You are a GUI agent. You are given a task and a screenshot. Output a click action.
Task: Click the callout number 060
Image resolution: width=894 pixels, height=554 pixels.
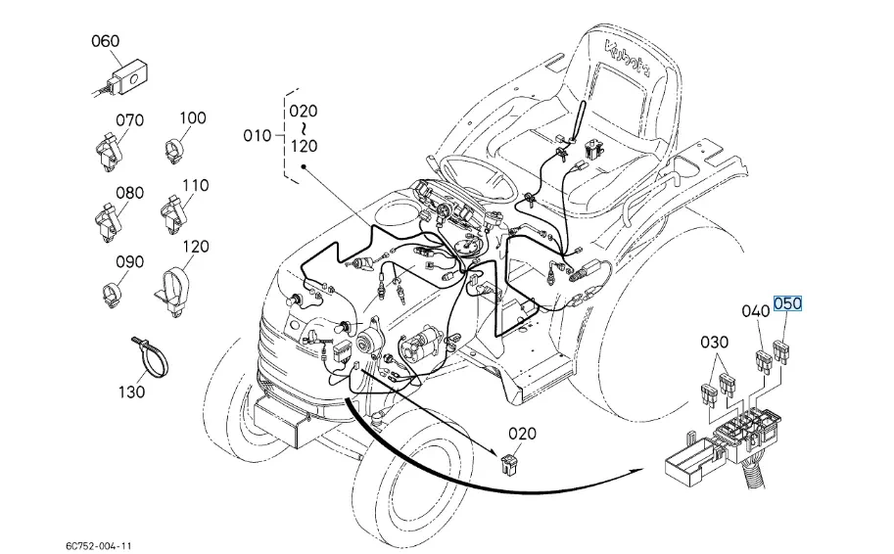point(105,41)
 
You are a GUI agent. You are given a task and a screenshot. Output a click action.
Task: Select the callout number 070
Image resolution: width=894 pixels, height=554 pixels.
point(129,120)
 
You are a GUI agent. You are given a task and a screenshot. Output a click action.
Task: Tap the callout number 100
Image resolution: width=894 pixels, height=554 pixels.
point(193,118)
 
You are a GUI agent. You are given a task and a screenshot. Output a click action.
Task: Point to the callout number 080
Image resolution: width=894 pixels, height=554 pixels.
point(129,193)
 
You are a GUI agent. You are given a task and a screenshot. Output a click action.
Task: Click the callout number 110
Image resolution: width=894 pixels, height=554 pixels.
point(195,185)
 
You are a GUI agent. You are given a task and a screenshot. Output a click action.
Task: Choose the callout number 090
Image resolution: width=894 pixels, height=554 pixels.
point(129,262)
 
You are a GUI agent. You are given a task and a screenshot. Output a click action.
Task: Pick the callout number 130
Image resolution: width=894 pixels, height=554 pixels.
point(131,392)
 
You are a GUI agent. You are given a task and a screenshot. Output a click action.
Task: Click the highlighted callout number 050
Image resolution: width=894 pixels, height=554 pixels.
point(787,304)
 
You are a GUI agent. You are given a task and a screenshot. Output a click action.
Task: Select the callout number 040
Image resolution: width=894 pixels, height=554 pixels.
point(755,311)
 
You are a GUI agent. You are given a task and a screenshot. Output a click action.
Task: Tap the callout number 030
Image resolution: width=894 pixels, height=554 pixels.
point(715,343)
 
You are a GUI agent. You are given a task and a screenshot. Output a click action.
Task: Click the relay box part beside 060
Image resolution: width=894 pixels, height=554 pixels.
point(126,72)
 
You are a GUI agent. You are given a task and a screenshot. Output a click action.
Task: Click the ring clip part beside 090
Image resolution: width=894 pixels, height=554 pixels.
point(117,291)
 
